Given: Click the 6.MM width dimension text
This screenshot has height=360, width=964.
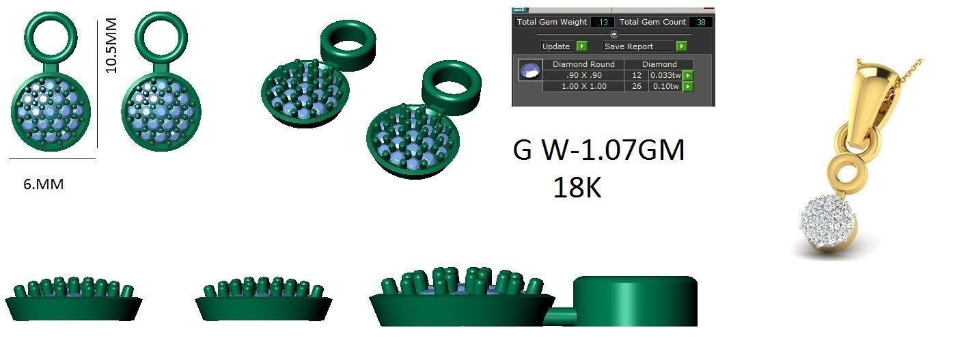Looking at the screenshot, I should (x=44, y=184).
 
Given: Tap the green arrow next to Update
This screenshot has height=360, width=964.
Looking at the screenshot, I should (x=581, y=46).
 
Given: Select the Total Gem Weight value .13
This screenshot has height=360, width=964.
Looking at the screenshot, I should (x=605, y=23).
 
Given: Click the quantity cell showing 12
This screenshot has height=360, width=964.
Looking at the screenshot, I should (x=637, y=75).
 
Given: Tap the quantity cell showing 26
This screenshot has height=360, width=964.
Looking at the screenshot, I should (x=637, y=87).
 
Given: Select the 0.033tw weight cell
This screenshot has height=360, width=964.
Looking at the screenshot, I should (x=665, y=75).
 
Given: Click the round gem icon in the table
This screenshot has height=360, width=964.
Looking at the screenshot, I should (x=528, y=70).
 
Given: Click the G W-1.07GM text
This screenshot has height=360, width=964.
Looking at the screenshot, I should (x=598, y=151).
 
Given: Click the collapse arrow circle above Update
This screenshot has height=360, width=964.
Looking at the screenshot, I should (x=614, y=34).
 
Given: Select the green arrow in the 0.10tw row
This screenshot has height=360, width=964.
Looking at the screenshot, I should (x=688, y=87).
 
